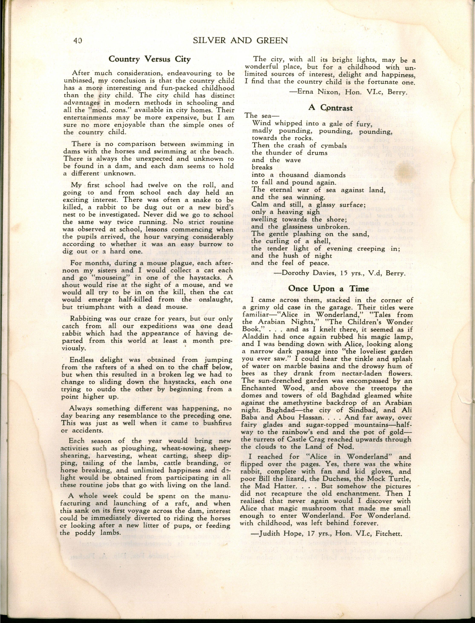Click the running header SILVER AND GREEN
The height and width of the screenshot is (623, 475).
240,41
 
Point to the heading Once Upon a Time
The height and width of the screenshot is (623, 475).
329,288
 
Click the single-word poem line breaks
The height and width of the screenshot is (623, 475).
262,167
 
